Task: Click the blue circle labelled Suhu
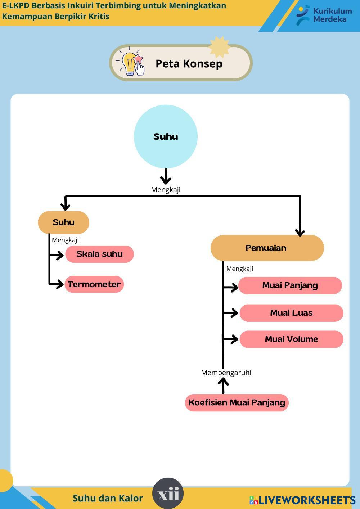[x=166, y=136]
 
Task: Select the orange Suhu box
[x=63, y=222]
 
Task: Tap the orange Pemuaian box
[x=267, y=248]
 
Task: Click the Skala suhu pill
[x=99, y=254]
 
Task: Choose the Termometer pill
[x=94, y=284]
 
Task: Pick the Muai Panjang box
[x=290, y=285]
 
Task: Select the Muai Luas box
[x=291, y=313]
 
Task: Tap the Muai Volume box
[x=291, y=339]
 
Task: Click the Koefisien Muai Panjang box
[x=237, y=402]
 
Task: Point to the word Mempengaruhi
[x=226, y=373]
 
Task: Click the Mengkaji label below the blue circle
[x=166, y=190]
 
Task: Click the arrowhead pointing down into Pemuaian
[x=300, y=232]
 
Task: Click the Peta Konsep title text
[x=189, y=64]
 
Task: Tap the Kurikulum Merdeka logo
[x=324, y=15]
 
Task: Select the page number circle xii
[x=168, y=494]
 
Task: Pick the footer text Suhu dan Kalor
[x=108, y=498]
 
